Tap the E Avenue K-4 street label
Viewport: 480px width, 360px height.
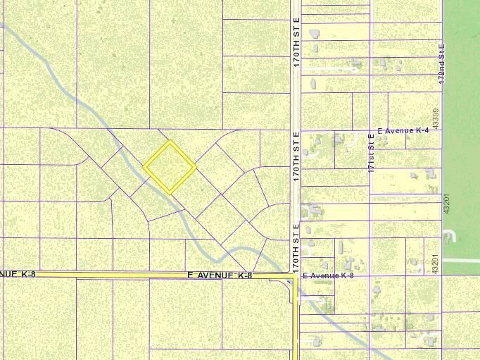point(403,131)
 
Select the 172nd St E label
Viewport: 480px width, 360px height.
point(442,63)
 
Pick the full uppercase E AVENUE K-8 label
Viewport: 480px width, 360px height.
point(220,275)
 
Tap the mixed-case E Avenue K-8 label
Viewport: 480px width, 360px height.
point(328,275)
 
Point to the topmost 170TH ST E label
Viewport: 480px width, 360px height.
point(296,42)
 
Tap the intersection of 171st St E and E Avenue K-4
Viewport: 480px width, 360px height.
point(371,130)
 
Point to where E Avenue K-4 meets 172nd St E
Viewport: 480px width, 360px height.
point(442,130)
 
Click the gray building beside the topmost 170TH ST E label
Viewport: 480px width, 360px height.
point(314,33)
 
